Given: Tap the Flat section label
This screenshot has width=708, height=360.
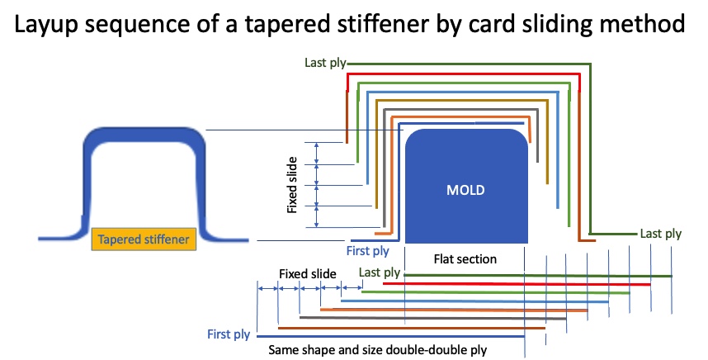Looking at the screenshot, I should click(x=465, y=259).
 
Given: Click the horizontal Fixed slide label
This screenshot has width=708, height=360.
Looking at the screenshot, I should click(x=305, y=272).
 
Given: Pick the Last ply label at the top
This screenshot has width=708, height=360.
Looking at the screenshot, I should click(x=319, y=64).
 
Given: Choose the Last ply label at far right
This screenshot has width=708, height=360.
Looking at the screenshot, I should click(x=661, y=234).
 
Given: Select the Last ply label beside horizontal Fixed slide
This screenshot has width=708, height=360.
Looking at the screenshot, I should click(x=380, y=272).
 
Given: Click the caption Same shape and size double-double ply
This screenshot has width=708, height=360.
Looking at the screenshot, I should click(x=378, y=350).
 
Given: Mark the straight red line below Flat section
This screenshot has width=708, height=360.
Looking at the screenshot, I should click(x=520, y=284).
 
